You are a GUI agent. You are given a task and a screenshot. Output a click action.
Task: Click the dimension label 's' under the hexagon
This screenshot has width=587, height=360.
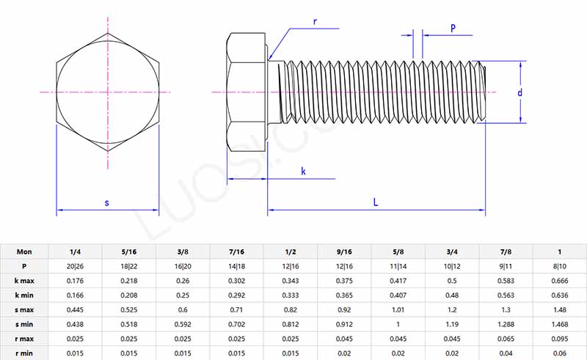(107, 202)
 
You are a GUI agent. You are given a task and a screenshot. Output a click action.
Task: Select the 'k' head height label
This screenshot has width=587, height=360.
(304, 171)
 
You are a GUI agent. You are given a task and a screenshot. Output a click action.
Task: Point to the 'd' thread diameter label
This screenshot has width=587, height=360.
(520, 92)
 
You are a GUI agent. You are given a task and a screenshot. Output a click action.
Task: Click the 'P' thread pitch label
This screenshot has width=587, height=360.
(453, 28)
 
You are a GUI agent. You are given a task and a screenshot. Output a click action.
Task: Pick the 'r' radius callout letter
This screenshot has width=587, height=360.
(315, 21)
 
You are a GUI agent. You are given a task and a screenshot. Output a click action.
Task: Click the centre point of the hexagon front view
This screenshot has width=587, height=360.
(108, 92)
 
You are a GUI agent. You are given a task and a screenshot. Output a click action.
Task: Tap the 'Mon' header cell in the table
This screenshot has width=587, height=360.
(25, 251)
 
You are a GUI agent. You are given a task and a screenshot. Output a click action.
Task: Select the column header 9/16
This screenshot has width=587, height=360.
(345, 251)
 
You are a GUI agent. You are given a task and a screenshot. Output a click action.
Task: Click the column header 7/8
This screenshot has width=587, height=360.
(506, 251)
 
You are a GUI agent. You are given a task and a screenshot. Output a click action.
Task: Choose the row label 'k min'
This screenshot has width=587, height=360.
(25, 295)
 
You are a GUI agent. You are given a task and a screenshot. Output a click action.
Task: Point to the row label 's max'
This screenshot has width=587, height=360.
(25, 309)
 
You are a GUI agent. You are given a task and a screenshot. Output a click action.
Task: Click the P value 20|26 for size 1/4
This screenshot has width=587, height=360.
(75, 266)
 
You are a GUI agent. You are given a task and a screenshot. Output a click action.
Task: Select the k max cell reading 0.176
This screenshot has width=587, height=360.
(75, 281)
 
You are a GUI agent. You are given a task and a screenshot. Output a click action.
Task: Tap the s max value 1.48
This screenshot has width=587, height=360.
(560, 309)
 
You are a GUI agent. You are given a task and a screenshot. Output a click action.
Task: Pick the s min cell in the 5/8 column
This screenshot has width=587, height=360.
(398, 324)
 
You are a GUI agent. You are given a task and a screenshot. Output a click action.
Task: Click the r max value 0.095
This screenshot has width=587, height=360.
(560, 339)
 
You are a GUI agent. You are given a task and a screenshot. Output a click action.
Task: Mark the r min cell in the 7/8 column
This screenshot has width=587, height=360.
(506, 353)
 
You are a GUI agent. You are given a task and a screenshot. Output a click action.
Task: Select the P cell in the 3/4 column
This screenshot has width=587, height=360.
(452, 266)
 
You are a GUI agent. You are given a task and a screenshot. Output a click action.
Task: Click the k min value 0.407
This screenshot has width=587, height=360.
(398, 295)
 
